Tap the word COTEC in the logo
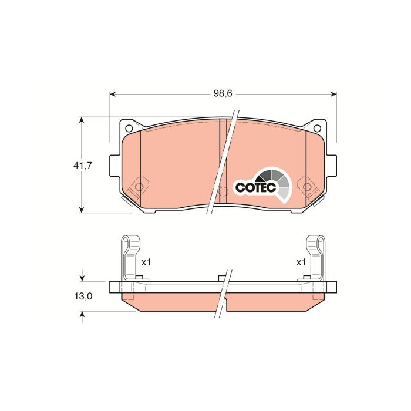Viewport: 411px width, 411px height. [254, 187]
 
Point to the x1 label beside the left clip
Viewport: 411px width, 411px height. [146, 262]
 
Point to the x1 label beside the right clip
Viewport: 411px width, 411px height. [301, 262]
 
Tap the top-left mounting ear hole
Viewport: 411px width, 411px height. [129, 129]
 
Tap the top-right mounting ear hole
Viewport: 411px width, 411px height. [317, 129]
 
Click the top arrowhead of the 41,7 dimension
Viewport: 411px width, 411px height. [82, 120]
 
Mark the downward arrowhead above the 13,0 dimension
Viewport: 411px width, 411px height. [82, 277]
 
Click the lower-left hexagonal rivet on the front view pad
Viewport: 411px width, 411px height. [140, 187]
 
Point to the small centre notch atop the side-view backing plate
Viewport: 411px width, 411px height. [221, 277]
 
